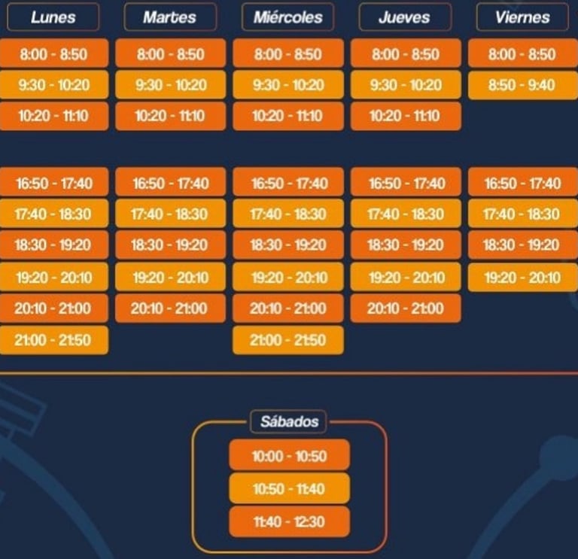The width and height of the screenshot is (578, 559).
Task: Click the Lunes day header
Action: pyautogui.click(x=53, y=17)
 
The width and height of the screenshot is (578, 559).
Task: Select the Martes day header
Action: pyautogui.click(x=170, y=17)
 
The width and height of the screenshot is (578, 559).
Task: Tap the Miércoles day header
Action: pyautogui.click(x=288, y=17)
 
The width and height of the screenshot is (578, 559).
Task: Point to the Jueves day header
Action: pyautogui.click(x=406, y=17)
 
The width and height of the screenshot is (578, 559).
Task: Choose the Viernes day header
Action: pyautogui.click(x=522, y=17)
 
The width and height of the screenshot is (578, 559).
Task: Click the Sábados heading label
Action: pyautogui.click(x=289, y=421)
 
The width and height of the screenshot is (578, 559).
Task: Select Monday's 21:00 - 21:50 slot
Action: pyautogui.click(x=53, y=340)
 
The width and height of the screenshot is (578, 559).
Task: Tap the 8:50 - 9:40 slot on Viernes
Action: pyautogui.click(x=522, y=85)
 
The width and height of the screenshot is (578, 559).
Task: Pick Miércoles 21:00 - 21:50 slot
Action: pyautogui.click(x=288, y=340)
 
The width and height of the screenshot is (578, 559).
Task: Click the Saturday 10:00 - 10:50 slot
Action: pyautogui.click(x=289, y=456)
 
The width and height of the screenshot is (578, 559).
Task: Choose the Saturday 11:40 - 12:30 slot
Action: pyautogui.click(x=289, y=521)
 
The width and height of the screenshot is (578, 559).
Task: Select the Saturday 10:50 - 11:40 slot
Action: pyautogui.click(x=289, y=489)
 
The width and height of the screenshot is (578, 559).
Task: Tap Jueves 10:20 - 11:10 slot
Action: pyautogui.click(x=406, y=116)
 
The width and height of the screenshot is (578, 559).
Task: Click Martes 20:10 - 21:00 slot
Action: pyautogui.click(x=170, y=308)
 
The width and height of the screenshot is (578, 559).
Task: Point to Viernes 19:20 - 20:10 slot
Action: pyautogui.click(x=522, y=278)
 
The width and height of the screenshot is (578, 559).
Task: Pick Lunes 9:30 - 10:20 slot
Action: pyautogui.click(x=53, y=85)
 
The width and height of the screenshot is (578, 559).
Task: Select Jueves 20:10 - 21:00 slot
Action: pyautogui.click(x=406, y=308)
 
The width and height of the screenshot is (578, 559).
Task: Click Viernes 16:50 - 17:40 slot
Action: pyautogui.click(x=522, y=183)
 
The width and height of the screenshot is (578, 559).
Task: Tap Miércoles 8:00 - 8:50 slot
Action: pyautogui.click(x=288, y=54)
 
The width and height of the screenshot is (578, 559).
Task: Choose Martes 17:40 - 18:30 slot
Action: pyautogui.click(x=170, y=214)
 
